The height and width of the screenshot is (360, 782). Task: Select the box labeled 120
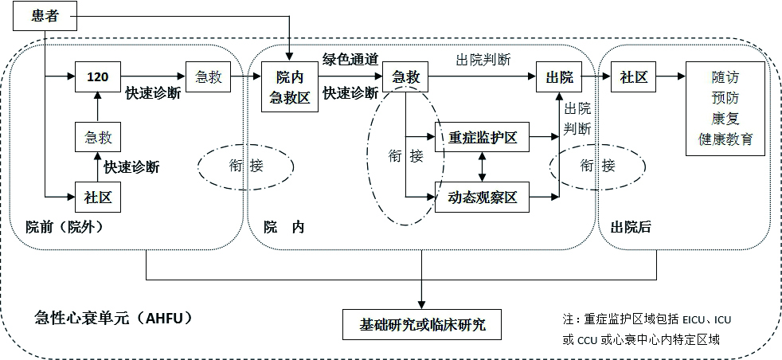[97, 77]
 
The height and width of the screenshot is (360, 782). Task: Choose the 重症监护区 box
[483, 138]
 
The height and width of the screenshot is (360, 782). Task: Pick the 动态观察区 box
[483, 197]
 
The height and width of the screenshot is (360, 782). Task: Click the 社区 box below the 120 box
[97, 197]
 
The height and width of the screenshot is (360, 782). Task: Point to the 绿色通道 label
[350, 59]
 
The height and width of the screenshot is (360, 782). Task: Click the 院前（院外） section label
[59, 227]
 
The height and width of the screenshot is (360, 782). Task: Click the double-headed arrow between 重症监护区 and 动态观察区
[482, 167]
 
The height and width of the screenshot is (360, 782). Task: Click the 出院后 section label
[631, 227]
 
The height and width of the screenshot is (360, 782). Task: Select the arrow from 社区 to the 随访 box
[668, 77]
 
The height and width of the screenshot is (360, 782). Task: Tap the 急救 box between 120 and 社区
[97, 137]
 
